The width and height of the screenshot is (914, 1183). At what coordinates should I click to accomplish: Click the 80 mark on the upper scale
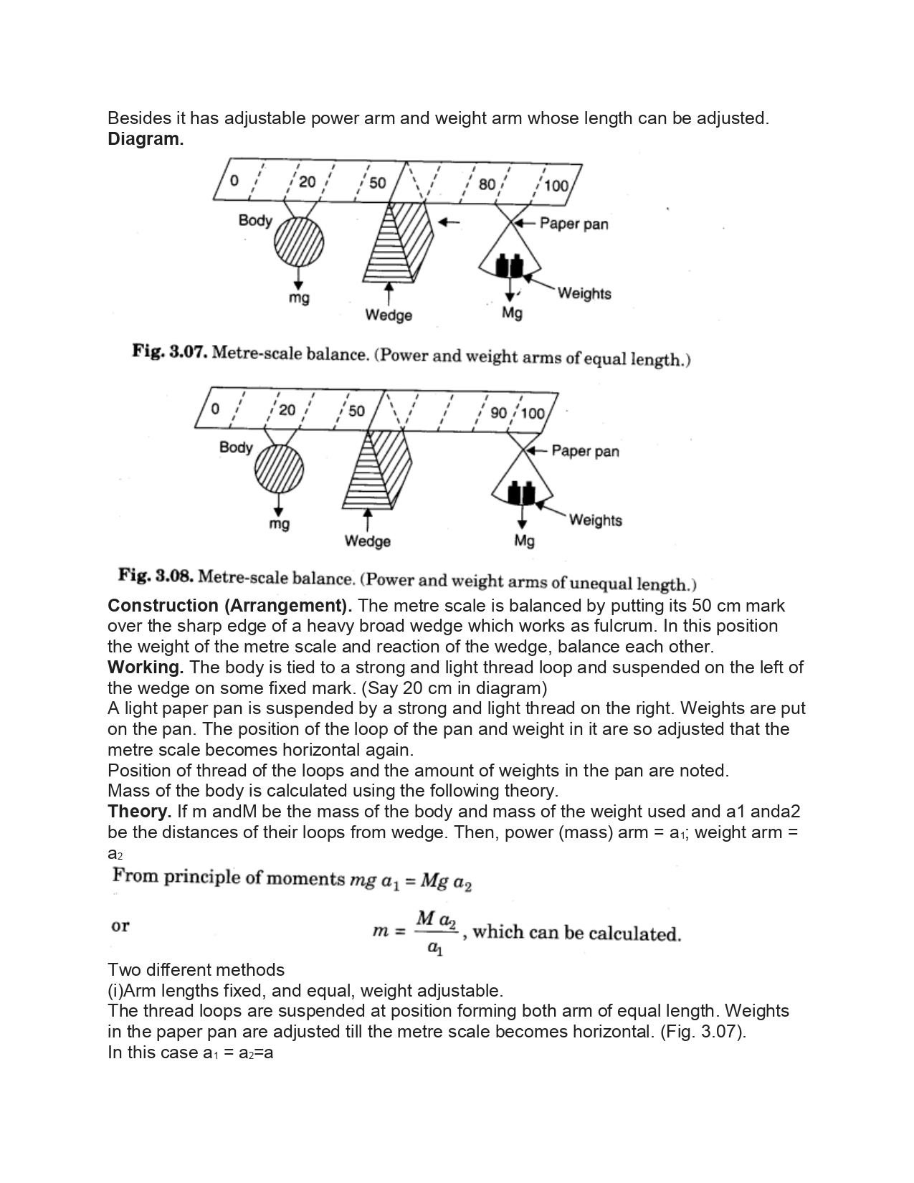487,184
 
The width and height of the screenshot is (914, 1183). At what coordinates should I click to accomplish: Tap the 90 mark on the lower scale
499,413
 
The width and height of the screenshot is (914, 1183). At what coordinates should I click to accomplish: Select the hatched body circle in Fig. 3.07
298,242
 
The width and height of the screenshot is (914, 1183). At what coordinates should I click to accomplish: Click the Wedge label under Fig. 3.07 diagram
389,315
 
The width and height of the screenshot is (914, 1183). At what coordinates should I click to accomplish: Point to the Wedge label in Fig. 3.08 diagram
368,541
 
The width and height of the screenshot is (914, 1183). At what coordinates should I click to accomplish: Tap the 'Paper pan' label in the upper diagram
573,224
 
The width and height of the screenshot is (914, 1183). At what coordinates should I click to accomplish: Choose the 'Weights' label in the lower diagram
595,520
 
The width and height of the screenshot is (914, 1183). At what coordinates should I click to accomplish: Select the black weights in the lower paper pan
522,493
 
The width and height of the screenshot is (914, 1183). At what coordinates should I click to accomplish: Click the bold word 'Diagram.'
146,139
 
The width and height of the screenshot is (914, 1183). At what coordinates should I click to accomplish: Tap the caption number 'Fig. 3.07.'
170,352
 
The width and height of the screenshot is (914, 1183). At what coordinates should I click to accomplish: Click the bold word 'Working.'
146,667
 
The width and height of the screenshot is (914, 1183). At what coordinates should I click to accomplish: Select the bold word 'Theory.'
139,812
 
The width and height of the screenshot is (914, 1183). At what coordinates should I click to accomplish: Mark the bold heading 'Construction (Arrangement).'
229,605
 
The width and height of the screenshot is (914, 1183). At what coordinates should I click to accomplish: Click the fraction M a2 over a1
436,932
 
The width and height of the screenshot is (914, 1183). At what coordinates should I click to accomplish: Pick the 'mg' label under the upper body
299,297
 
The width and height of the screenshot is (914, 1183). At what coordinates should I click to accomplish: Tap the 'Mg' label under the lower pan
524,541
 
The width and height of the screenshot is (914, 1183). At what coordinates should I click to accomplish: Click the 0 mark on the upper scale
234,181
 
